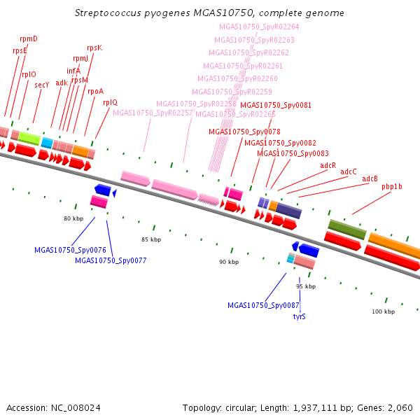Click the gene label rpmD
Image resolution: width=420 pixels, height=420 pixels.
(29, 39)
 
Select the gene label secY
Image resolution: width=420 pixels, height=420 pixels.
(42, 85)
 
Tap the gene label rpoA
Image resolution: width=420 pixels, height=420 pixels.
(95, 91)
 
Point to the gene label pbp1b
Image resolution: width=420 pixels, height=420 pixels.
(392, 186)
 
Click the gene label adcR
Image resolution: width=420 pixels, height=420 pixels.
(328, 165)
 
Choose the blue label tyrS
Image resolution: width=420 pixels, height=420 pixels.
(299, 316)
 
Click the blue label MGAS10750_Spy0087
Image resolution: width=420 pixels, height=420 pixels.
(263, 305)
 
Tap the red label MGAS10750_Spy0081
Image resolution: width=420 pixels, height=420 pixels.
(276, 105)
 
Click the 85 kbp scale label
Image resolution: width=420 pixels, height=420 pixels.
(151, 239)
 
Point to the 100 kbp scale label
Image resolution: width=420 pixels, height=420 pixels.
(384, 311)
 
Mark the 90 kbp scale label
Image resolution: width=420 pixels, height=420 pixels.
(229, 262)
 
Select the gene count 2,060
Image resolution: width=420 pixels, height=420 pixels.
(399, 407)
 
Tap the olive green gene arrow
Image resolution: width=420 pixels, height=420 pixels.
(347, 229)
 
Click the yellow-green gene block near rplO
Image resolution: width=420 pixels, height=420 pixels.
(29, 138)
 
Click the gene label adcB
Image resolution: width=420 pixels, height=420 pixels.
(370, 178)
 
